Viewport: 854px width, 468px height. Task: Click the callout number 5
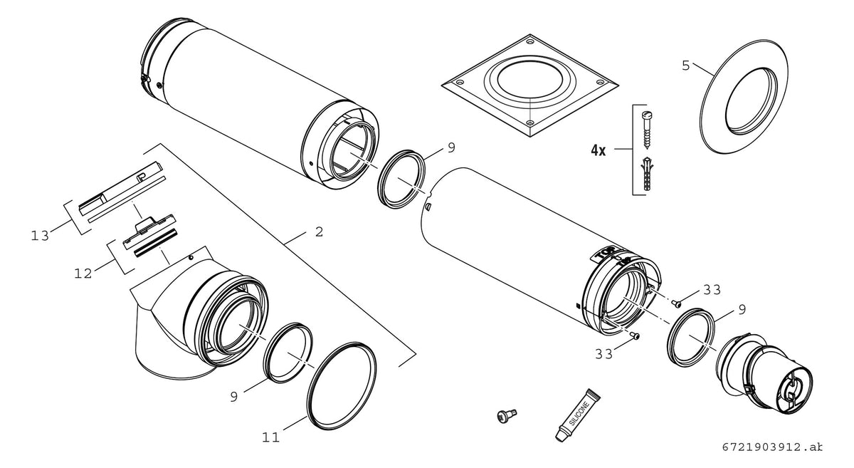pos(686,66)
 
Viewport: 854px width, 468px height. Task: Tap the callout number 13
pos(40,236)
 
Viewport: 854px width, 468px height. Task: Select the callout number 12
pos(83,274)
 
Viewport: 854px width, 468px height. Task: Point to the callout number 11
pos(270,437)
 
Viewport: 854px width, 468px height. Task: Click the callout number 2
pos(320,232)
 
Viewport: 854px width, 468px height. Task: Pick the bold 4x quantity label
pos(599,150)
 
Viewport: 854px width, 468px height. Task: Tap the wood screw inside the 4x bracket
pos(648,130)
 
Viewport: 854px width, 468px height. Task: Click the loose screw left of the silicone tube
pos(507,416)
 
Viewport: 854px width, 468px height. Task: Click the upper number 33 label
pos(712,290)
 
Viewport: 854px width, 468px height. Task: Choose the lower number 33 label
pos(604,354)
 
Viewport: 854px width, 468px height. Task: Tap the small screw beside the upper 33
pos(677,304)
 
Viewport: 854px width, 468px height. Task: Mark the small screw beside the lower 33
pos(635,336)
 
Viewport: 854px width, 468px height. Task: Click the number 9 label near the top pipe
pos(451,147)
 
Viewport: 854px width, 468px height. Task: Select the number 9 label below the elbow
pos(233,397)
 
